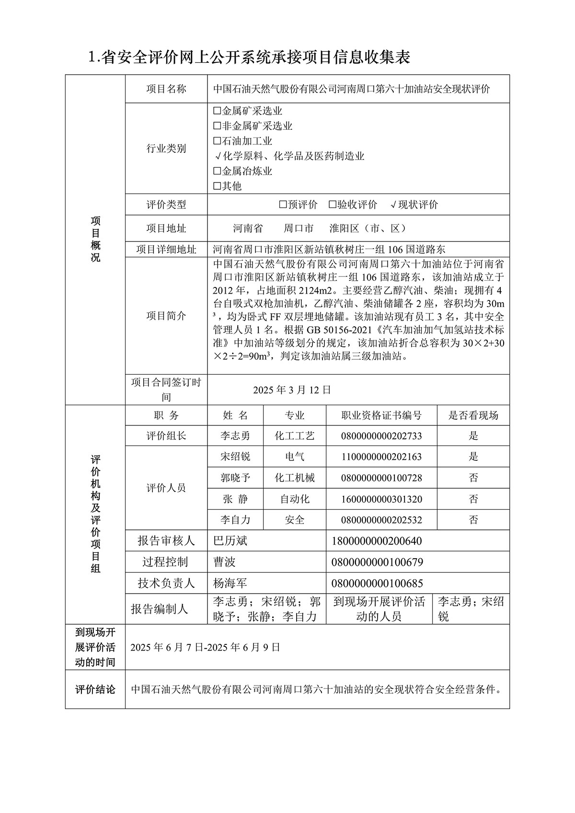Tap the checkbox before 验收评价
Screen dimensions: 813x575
[333, 205]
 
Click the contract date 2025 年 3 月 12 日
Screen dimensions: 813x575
[292, 389]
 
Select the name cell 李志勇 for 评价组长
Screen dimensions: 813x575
[235, 436]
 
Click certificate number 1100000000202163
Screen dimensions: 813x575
[381, 457]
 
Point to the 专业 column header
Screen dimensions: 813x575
[295, 415]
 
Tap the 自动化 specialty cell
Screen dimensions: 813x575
[295, 499]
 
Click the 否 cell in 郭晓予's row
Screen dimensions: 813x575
[473, 478]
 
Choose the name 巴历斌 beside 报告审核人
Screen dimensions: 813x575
[230, 541]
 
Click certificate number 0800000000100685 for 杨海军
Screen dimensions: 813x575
[377, 583]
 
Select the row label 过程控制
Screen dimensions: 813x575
[166, 562]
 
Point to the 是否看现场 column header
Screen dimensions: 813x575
[473, 415]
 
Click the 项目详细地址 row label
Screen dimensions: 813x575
[166, 249]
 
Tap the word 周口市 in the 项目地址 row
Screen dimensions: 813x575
[299, 229]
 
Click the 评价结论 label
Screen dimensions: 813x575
[95, 690]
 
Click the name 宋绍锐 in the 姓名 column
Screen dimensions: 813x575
[235, 457]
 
